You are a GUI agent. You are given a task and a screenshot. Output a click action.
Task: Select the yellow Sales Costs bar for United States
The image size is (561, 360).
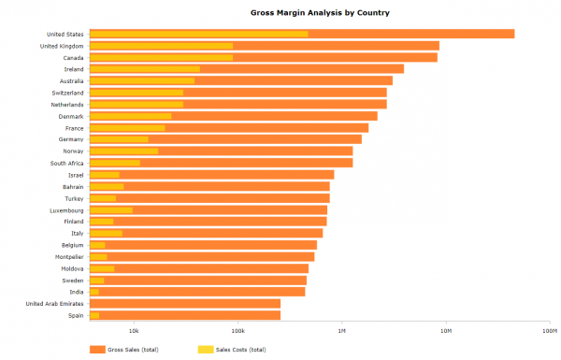coord(198,35)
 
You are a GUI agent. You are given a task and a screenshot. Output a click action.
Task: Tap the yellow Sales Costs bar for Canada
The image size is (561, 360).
coord(161,58)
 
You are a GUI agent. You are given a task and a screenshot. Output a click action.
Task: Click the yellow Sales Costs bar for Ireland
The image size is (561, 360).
coord(144,69)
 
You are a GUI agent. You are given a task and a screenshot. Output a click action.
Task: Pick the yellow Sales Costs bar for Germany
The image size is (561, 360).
coord(119,139)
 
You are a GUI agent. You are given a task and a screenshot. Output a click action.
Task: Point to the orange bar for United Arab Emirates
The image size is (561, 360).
coord(184,303)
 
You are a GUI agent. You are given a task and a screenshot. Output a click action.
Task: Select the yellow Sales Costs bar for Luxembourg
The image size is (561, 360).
coord(110,209)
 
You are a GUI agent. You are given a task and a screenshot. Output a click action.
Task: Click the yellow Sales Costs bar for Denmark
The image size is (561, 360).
coord(130,116)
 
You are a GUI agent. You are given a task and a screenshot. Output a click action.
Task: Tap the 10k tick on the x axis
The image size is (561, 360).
coord(134,330)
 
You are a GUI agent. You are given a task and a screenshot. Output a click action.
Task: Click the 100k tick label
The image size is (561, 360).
coord(237,330)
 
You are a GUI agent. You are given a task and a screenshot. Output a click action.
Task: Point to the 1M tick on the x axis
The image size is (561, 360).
coord(342,330)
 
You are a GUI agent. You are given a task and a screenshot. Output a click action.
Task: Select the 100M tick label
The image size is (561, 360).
coord(549,330)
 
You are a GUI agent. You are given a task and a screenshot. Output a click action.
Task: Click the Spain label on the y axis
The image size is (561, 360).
coord(75,315)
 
